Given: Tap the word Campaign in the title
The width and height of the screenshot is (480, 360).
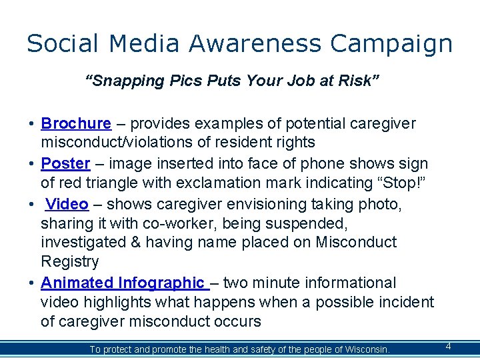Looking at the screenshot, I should pos(391,45).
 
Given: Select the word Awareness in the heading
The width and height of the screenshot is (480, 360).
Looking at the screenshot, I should pos(255,43).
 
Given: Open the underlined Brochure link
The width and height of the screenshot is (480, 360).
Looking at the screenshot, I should pos(76,123).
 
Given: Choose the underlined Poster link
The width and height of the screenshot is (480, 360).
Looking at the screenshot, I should pos(65,163).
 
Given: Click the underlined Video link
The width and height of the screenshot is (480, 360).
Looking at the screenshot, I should pos(67,203).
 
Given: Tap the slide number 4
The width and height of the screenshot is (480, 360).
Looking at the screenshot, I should pos(448,346).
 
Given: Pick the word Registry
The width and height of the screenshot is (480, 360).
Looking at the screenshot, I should pos(70,261).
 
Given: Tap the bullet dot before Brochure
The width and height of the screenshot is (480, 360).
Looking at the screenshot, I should pos(32,124).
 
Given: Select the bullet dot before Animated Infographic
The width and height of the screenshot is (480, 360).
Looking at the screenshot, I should pos(32,283).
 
